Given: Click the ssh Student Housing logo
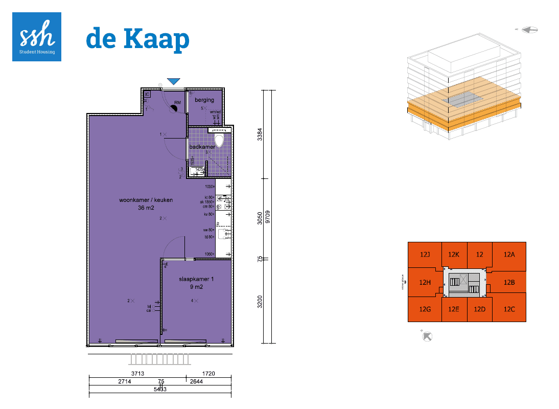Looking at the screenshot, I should click(37, 37).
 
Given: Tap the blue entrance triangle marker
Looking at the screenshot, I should click(174, 81).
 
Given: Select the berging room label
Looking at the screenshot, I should click(204, 100).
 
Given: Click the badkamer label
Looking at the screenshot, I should click(202, 147).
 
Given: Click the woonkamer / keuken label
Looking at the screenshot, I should click(146, 200).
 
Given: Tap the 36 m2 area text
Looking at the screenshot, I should click(146, 208).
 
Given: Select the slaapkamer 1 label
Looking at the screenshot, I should click(196, 279).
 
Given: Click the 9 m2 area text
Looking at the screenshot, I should click(196, 287).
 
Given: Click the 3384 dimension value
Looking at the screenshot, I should click(260, 134).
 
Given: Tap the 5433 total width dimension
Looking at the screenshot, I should click(160, 389).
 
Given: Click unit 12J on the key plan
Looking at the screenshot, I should click(425, 254).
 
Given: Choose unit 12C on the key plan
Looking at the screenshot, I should click(509, 309).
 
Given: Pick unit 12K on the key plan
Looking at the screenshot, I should click(454, 254).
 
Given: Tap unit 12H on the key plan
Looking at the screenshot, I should click(425, 282).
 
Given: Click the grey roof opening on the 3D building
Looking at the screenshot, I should click(463, 98).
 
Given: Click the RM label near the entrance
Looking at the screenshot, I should click(177, 103).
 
